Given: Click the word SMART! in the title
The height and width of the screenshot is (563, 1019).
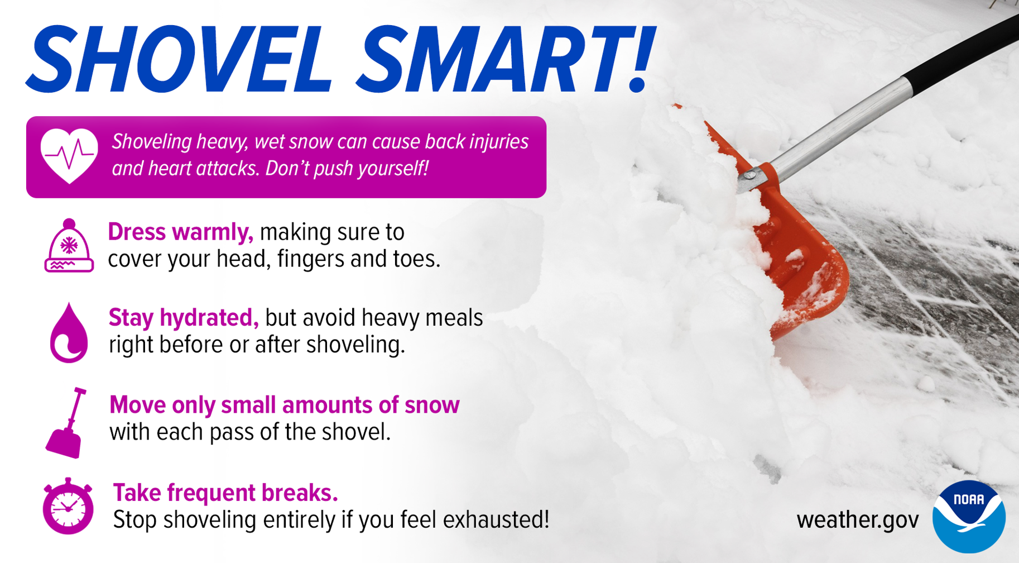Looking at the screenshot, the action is pos(505,59).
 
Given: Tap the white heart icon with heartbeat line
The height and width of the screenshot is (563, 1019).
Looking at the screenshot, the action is pos(69,156).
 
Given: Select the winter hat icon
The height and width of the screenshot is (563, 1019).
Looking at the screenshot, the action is pos(69,246).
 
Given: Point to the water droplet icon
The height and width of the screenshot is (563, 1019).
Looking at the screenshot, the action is pos(69,333).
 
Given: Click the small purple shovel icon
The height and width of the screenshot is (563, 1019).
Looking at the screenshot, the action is pos(66,423).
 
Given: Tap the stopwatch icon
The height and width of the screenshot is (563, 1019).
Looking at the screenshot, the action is pos(68,506).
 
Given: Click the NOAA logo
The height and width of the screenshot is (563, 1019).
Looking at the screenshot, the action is pos(969,517).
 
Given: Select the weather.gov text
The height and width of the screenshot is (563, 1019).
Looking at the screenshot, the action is pos(858,521).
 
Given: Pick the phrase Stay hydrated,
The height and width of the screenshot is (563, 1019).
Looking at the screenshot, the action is pos(184,318).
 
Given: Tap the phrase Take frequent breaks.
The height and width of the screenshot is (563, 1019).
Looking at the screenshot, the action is pos(225,493).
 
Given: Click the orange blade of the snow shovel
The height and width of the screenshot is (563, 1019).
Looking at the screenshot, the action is pos(792,246).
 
